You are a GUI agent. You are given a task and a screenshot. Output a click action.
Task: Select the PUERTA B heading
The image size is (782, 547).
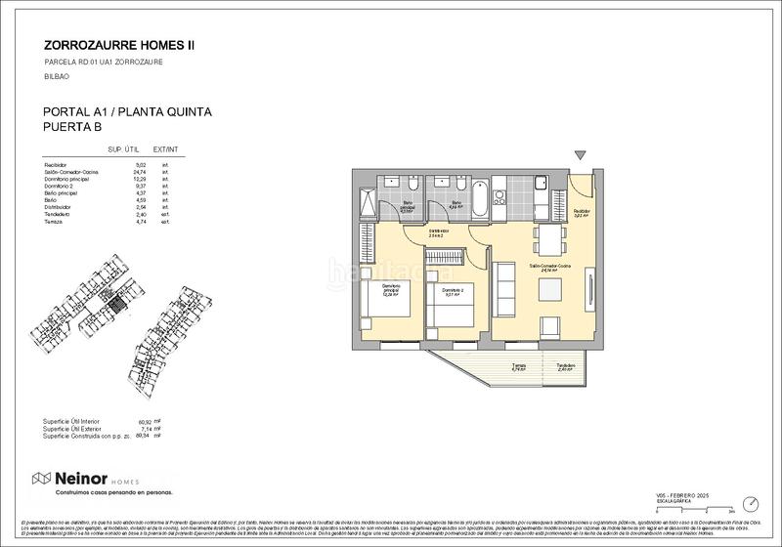(74, 127)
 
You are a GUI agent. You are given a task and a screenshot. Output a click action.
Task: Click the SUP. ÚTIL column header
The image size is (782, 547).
(125, 149)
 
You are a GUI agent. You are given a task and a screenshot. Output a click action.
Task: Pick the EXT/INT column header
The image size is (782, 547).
(172, 149)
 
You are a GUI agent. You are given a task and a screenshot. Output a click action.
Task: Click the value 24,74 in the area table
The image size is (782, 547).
(139, 172)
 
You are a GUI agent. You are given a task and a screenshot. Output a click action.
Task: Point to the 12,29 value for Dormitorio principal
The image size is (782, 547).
(139, 180)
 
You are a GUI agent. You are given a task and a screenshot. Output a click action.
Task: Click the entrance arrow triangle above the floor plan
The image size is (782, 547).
(582, 155)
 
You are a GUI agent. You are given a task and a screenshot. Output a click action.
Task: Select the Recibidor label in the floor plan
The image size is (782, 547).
(581, 212)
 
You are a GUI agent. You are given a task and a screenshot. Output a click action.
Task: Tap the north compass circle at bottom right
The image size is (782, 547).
(750, 503)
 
